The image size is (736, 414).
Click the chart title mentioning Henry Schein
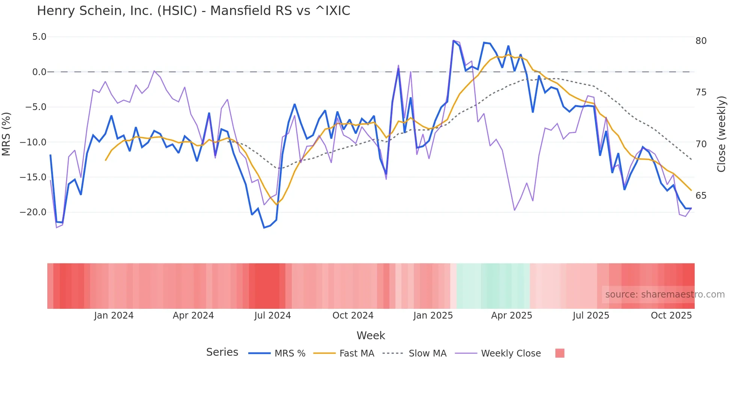(193, 11)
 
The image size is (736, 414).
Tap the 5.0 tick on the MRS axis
(39, 37)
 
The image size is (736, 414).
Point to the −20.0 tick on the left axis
(33, 212)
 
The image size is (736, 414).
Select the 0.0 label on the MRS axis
(39, 72)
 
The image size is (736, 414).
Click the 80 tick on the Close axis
(701, 41)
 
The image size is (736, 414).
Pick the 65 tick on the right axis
(701, 196)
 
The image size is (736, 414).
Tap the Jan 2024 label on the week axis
(113, 316)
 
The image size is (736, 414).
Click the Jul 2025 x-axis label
(591, 316)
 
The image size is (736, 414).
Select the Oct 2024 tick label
(353, 316)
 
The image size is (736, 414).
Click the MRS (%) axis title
(6, 134)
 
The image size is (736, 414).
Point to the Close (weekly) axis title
(721, 134)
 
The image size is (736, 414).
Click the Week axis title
(371, 335)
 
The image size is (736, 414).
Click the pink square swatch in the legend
(560, 353)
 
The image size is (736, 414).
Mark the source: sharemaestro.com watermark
(665, 295)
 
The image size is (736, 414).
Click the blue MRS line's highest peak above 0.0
(454, 41)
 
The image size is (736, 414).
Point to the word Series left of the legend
(222, 352)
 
